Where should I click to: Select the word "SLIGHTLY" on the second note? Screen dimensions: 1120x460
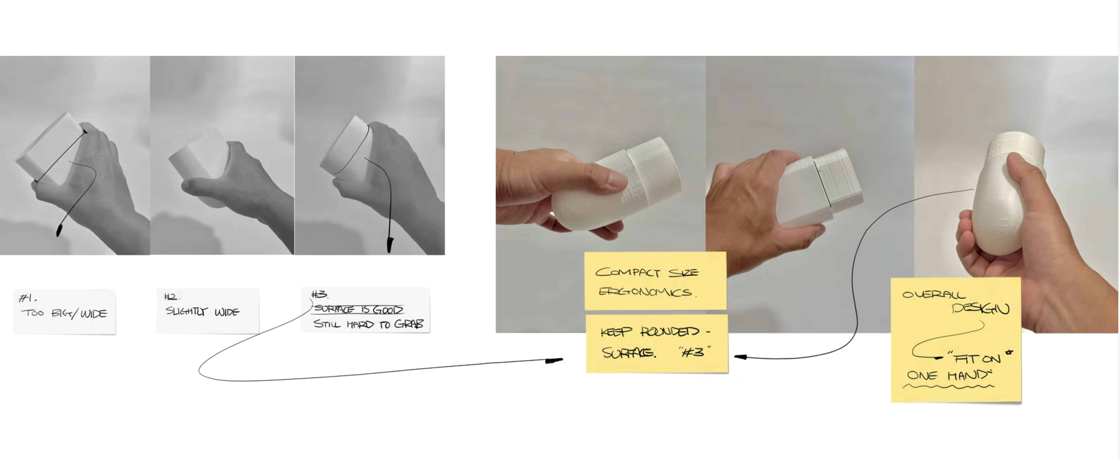pyautogui.click(x=186, y=311)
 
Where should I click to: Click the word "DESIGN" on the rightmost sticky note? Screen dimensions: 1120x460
pyautogui.click(x=980, y=309)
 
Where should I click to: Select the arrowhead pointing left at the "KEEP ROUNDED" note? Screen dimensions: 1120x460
pyautogui.click(x=740, y=357)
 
